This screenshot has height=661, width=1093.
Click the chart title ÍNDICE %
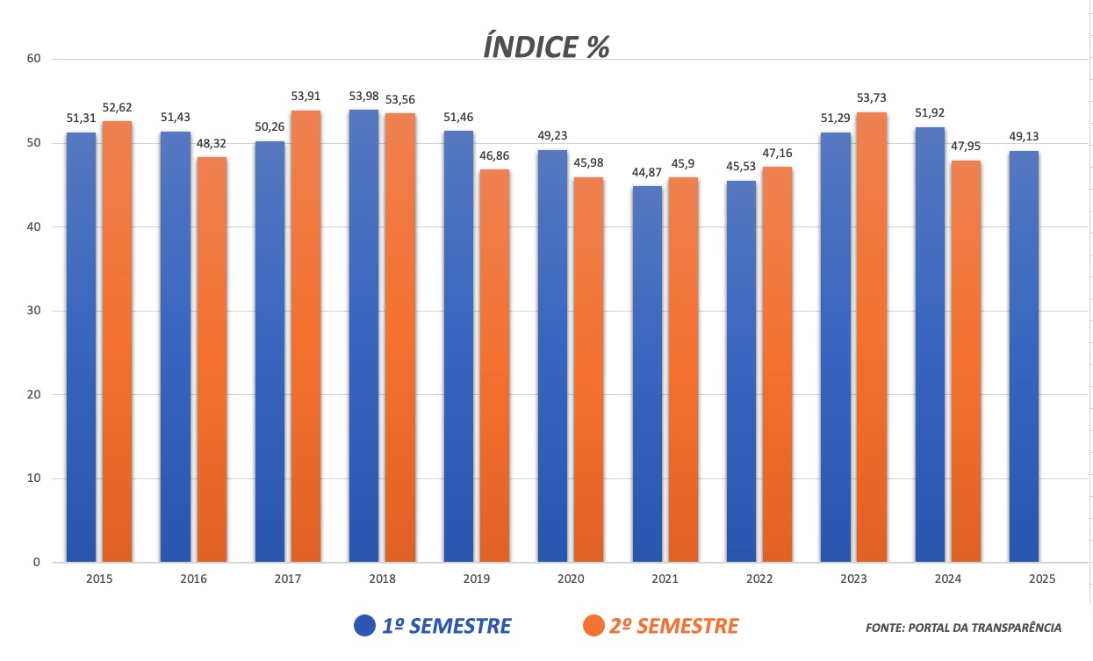[546, 46]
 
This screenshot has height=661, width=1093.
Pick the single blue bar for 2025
[1024, 356]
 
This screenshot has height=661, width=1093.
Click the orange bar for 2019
[494, 364]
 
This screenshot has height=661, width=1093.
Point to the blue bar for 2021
[647, 373]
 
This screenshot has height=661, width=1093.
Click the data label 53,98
[363, 97]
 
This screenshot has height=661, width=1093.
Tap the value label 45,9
[683, 164]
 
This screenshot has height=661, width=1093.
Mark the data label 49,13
[1024, 137]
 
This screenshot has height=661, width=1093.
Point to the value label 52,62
[117, 108]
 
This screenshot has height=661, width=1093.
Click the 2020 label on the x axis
[571, 579]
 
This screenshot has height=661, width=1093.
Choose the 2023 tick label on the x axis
[853, 579]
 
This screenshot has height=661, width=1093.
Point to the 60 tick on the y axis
[34, 59]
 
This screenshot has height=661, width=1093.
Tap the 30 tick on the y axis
[34, 311]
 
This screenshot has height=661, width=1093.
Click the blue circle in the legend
[365, 626]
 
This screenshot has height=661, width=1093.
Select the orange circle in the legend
[594, 626]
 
